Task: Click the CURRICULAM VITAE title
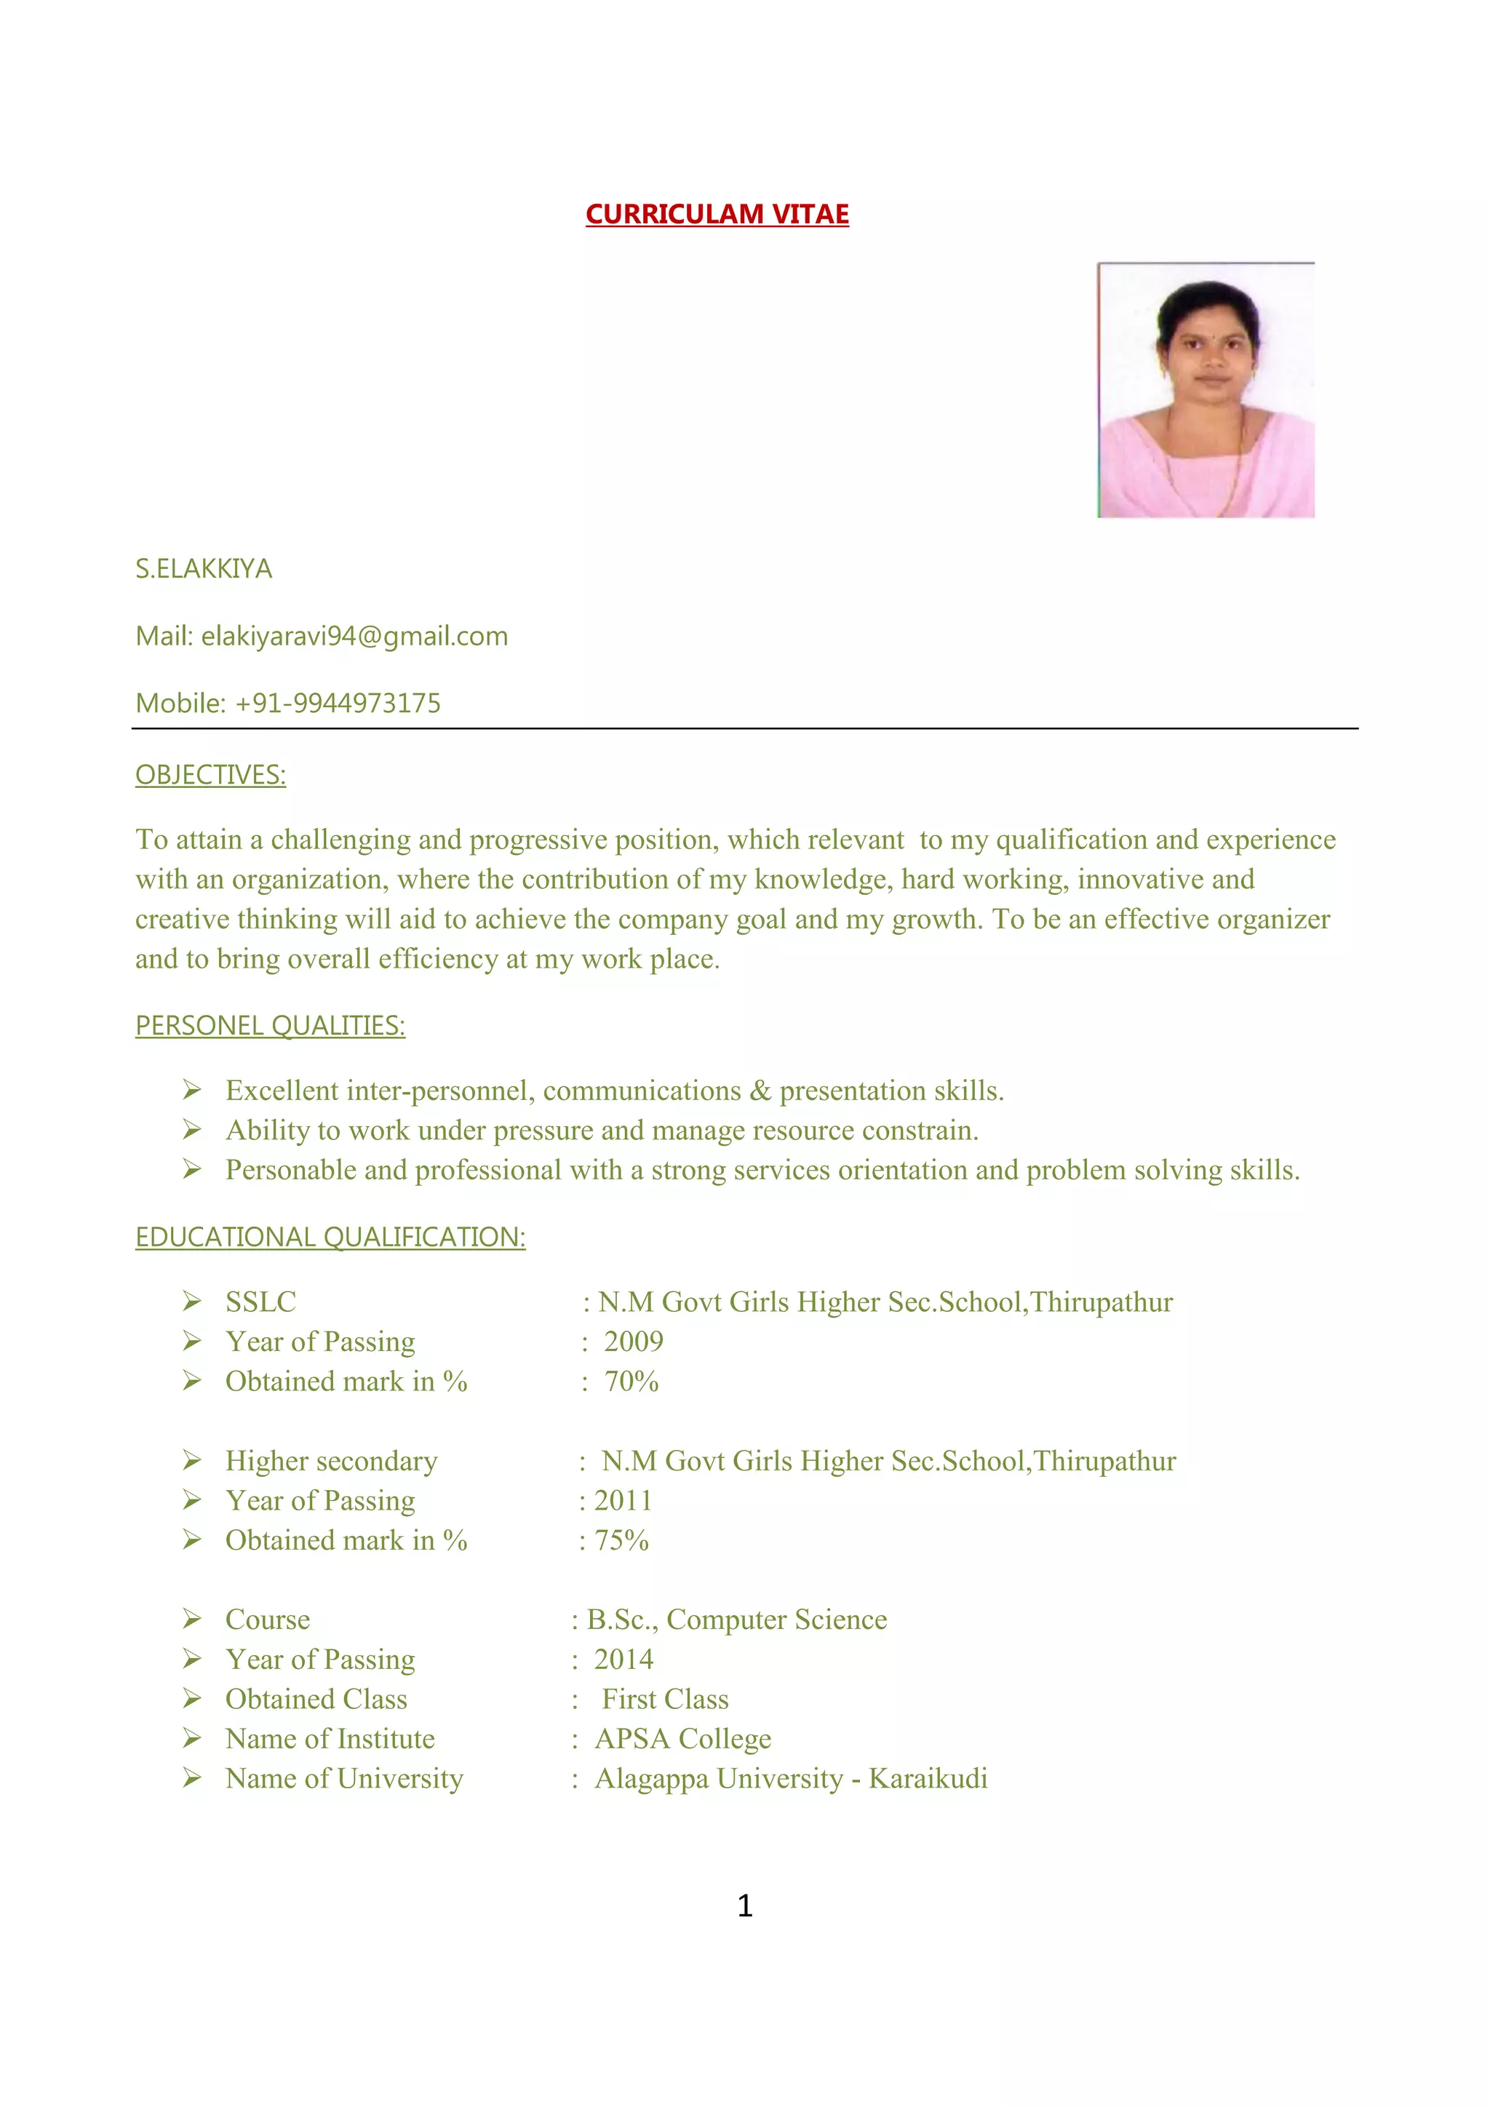(x=717, y=214)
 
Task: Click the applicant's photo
(x=1206, y=390)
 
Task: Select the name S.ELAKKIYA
(x=204, y=569)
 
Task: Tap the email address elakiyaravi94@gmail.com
(x=354, y=636)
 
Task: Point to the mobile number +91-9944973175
(x=338, y=703)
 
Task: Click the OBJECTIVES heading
(x=210, y=776)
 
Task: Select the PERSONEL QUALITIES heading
(x=270, y=1025)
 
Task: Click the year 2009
(x=633, y=1342)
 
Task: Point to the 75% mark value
(x=621, y=1540)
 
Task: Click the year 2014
(x=624, y=1659)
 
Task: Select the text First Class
(x=665, y=1699)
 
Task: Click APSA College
(x=682, y=1739)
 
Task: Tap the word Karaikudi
(x=928, y=1778)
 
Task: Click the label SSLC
(x=260, y=1302)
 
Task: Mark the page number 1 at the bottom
(x=745, y=1906)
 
